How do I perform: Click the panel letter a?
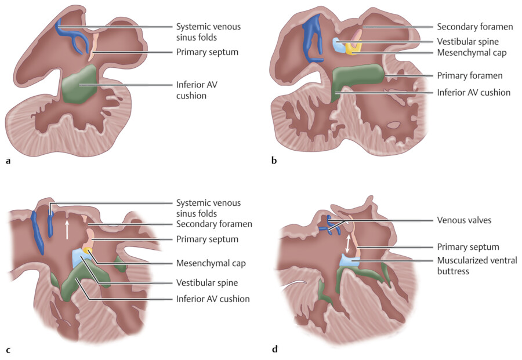8,161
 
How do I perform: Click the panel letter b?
274,161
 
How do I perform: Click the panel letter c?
8,350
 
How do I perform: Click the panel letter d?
274,349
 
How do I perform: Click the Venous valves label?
462,220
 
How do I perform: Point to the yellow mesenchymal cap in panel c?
88,251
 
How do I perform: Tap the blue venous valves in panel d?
331,227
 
